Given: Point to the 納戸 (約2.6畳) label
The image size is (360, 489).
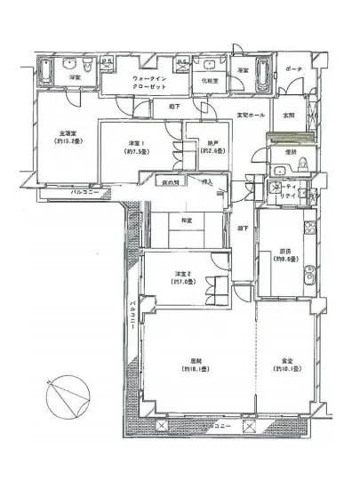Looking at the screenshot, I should coord(210,147).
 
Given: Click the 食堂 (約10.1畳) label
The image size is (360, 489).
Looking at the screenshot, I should coord(284,365).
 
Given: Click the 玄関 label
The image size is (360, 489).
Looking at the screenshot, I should coord(288,116).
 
